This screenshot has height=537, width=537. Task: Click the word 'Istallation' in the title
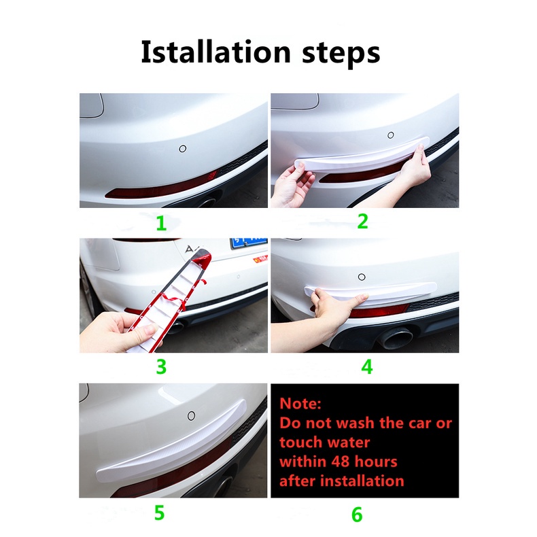pos(215,52)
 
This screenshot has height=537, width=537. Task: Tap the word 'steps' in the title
pos(341,54)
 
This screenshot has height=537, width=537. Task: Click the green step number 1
pos(161,223)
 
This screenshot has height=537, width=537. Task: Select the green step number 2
pos(363,221)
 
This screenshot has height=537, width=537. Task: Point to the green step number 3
pos(161,367)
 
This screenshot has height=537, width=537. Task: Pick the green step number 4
pos(367,367)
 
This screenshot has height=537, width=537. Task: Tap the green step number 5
pos(159,513)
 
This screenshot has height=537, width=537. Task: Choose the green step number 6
pos(357,515)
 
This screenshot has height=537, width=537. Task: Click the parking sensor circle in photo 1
pos(183,149)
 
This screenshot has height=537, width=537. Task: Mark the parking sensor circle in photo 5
pos(192,416)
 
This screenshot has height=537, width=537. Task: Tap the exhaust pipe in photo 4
pos(396,337)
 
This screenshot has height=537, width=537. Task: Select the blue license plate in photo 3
pos(249,243)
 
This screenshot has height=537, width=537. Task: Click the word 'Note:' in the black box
pos(300,404)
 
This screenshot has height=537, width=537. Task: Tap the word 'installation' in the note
pos(364,481)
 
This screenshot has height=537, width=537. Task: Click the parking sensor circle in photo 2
pos(391,135)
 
